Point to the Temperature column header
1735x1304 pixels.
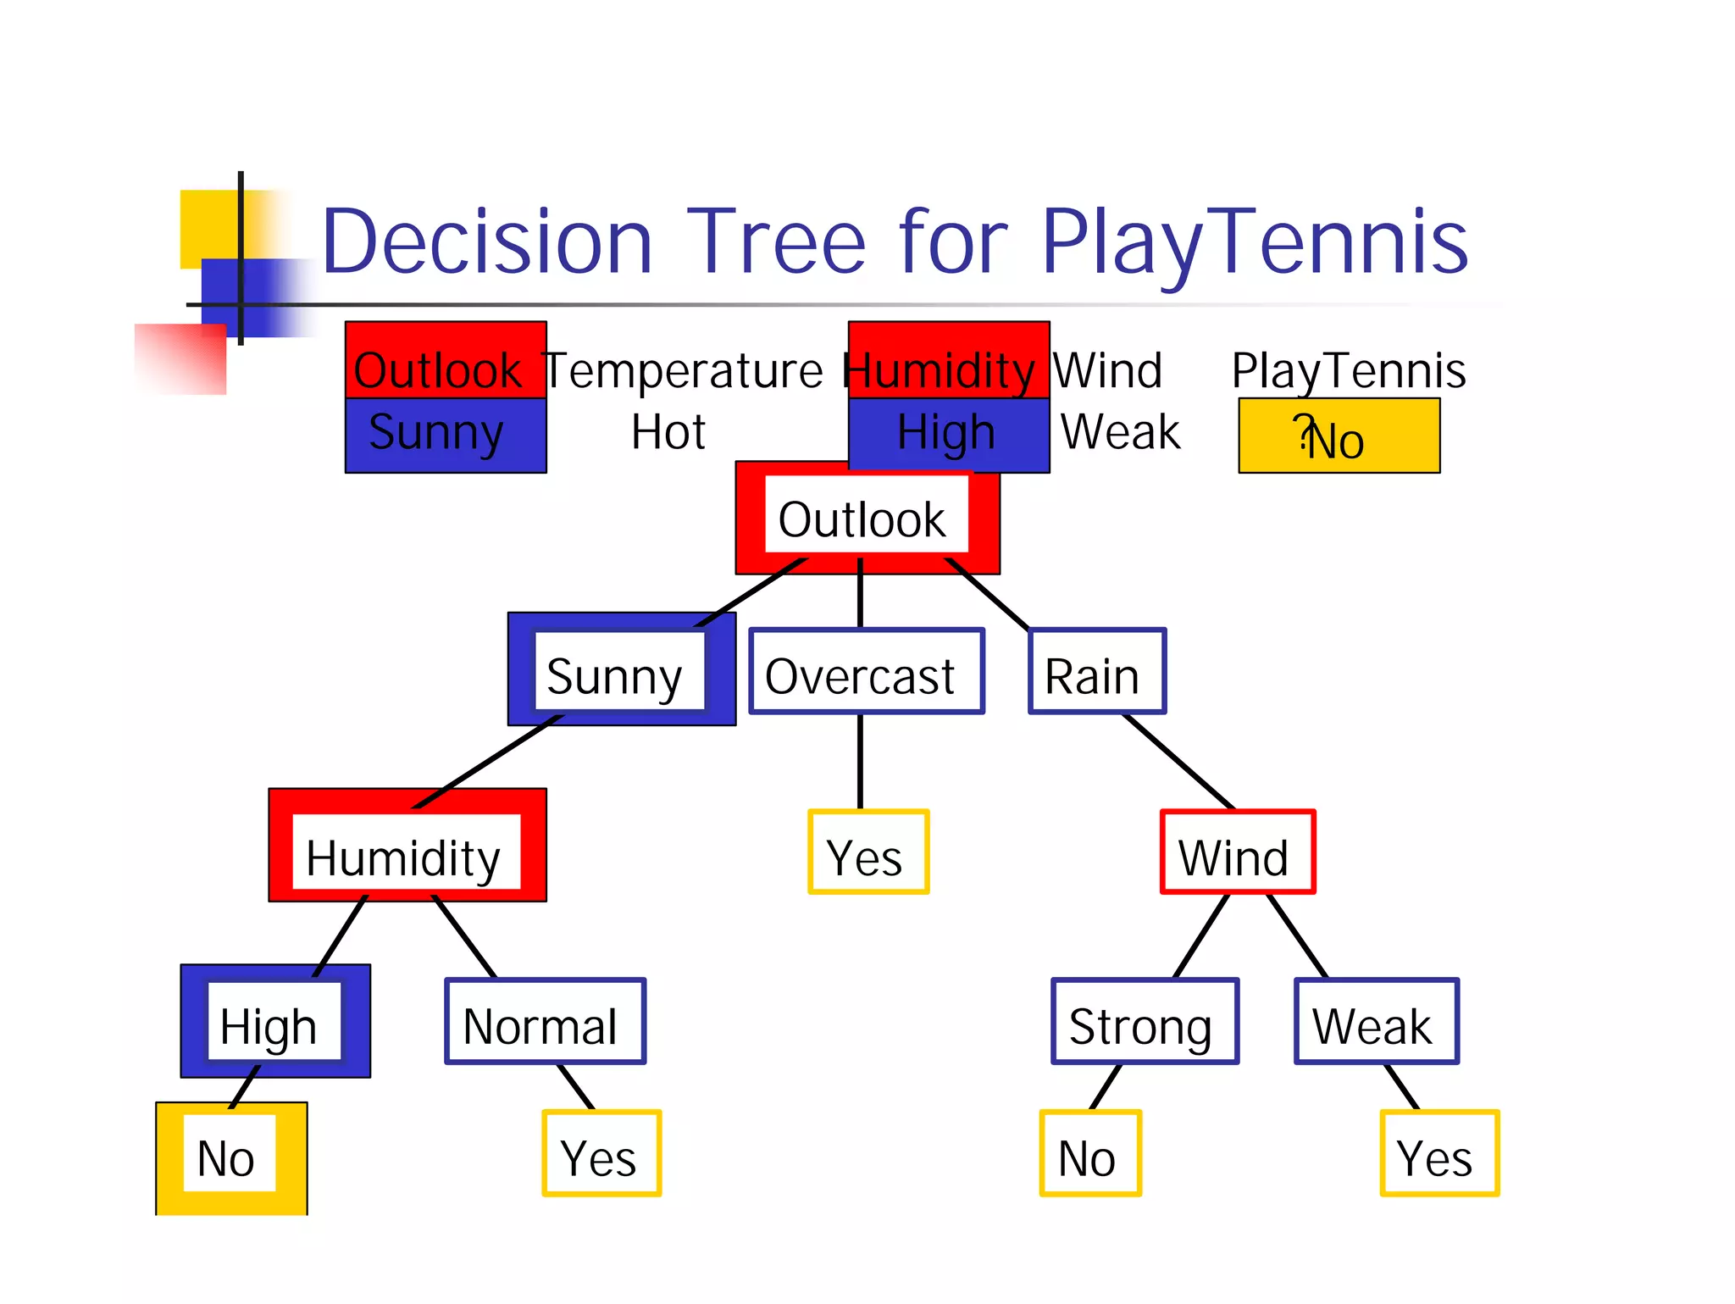pos(683,370)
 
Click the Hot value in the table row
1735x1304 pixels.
pos(668,432)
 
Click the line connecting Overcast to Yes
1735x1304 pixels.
pos(861,762)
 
